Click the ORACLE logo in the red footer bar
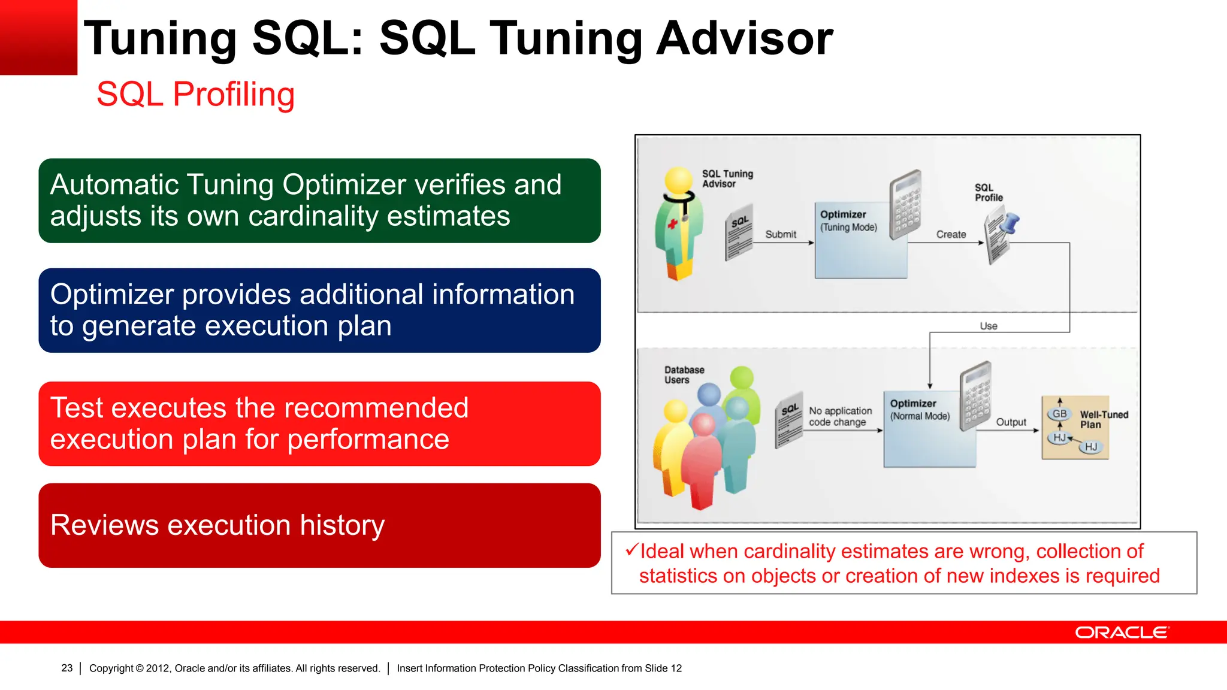click(1122, 632)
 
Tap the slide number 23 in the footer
click(67, 668)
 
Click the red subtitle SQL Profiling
click(195, 95)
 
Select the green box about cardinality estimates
click(319, 201)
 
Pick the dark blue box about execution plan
click(319, 310)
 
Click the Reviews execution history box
click(319, 525)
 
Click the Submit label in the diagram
click(780, 234)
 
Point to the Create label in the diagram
click(951, 234)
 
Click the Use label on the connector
click(989, 326)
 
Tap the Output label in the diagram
click(1011, 422)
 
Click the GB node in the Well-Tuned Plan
click(1059, 414)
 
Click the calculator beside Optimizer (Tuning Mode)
click(905, 204)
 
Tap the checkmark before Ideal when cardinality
click(631, 549)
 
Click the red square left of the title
click(38, 37)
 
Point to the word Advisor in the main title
click(744, 38)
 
